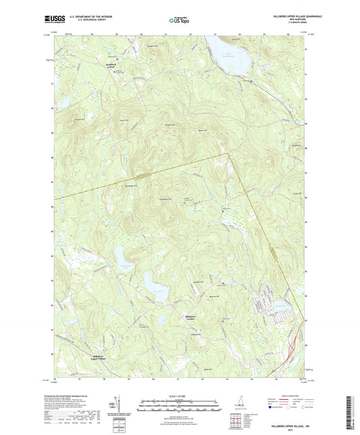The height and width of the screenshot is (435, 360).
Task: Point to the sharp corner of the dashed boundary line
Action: click(x=228, y=154)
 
